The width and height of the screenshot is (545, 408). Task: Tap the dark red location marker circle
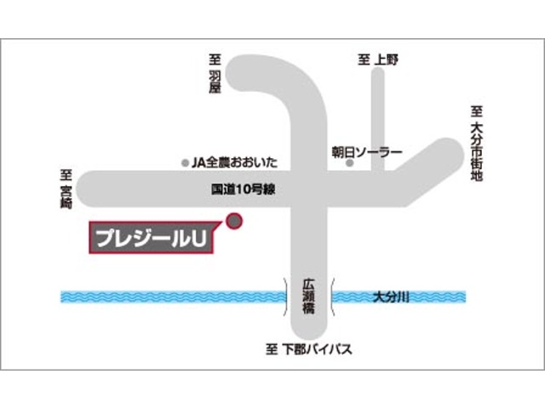(x=234, y=221)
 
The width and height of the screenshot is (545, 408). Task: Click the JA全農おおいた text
(x=235, y=161)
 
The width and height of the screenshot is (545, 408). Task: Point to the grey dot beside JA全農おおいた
(x=186, y=161)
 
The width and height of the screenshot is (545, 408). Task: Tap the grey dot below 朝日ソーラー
(x=349, y=163)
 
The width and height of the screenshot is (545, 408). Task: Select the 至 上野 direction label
(x=378, y=59)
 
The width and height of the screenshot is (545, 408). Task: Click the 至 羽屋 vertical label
(x=215, y=76)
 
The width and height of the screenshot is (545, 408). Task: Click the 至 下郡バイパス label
(x=308, y=349)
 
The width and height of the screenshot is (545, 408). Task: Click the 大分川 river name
(x=392, y=296)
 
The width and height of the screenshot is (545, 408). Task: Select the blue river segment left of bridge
(x=170, y=297)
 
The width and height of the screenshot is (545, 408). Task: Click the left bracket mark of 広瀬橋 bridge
(x=285, y=296)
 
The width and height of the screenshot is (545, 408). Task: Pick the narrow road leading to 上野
(x=378, y=119)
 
